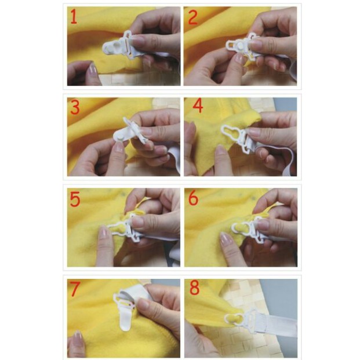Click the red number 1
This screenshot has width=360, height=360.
pos(74,17)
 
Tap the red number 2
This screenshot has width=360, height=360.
pos(193,17)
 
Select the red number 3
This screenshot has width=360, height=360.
pos(75,107)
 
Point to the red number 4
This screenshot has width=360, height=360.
pos(198,106)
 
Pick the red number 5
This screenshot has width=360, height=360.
pos(75,199)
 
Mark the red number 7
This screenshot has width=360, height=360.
pos(75,289)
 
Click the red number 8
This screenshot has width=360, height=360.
pos(194,288)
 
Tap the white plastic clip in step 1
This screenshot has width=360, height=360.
pos(119,46)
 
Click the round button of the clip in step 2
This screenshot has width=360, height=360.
pos(240,45)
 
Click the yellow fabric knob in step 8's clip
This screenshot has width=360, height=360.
pos(234,318)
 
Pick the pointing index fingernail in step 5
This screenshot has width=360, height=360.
pos(104,231)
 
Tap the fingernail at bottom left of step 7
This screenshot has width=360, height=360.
pos(77,336)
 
